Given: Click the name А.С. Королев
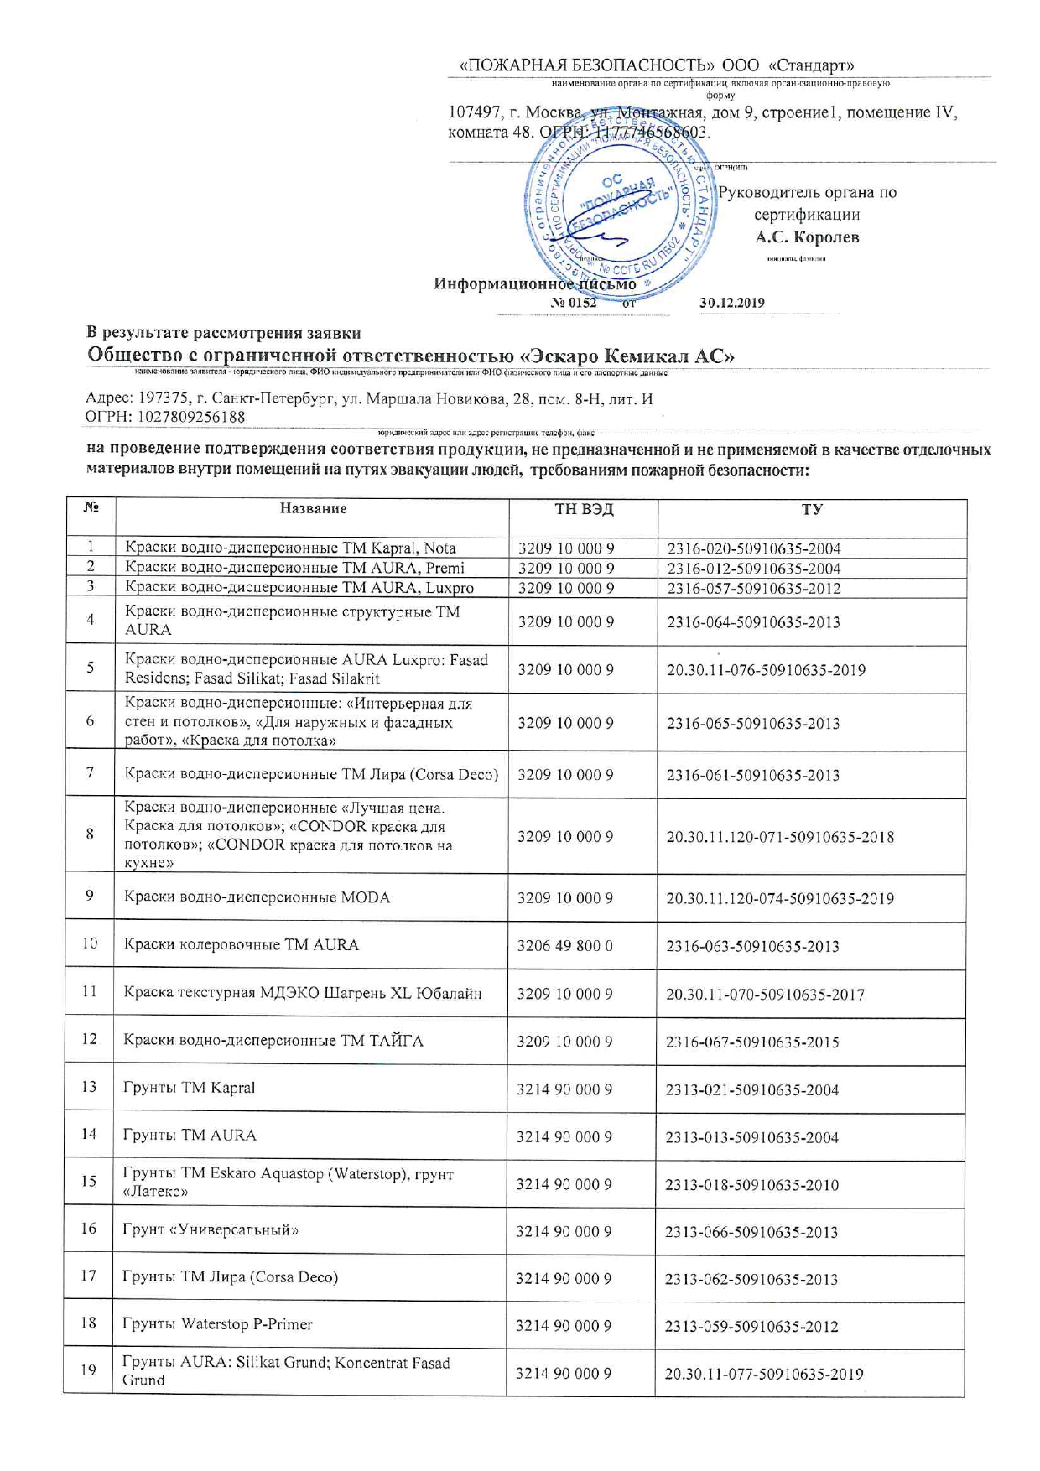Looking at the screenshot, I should (x=807, y=237).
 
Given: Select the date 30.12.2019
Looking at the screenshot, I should (x=731, y=303).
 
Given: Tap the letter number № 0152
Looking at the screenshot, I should (x=574, y=303).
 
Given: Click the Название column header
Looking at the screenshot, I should (x=313, y=508).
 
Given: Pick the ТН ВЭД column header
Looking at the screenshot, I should (x=584, y=508).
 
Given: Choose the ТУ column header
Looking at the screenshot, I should (x=811, y=509).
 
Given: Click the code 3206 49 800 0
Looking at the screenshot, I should (x=565, y=945).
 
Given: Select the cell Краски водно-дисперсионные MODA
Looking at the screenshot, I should (x=257, y=897).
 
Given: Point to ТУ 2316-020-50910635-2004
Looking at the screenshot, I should (x=753, y=548).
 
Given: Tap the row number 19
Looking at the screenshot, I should (x=88, y=1370).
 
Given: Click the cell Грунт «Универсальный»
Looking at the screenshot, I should (x=211, y=1230).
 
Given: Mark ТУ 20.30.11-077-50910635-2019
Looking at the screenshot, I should (x=763, y=1374).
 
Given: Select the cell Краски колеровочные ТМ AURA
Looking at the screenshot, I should (x=242, y=944).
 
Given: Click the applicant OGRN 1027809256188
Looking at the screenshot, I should (x=165, y=417).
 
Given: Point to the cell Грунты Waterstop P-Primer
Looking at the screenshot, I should (x=217, y=1324).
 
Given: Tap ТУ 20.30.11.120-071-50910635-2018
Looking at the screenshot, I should (x=780, y=837).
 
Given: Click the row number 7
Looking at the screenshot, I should (x=90, y=772).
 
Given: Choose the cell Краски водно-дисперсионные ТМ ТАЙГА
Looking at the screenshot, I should (x=273, y=1041).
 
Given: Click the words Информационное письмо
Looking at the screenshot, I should (x=534, y=283).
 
